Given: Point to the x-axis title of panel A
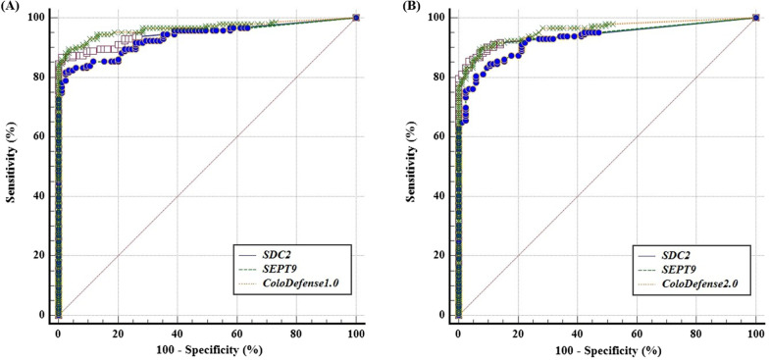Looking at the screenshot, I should pyautogui.click(x=207, y=351).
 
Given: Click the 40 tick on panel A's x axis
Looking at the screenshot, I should pyautogui.click(x=178, y=332).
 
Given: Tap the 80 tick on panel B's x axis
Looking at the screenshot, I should pyautogui.click(x=696, y=332).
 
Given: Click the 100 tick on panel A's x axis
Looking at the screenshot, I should pyautogui.click(x=355, y=332).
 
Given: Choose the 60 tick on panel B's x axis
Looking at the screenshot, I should pyautogui.click(x=637, y=332).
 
